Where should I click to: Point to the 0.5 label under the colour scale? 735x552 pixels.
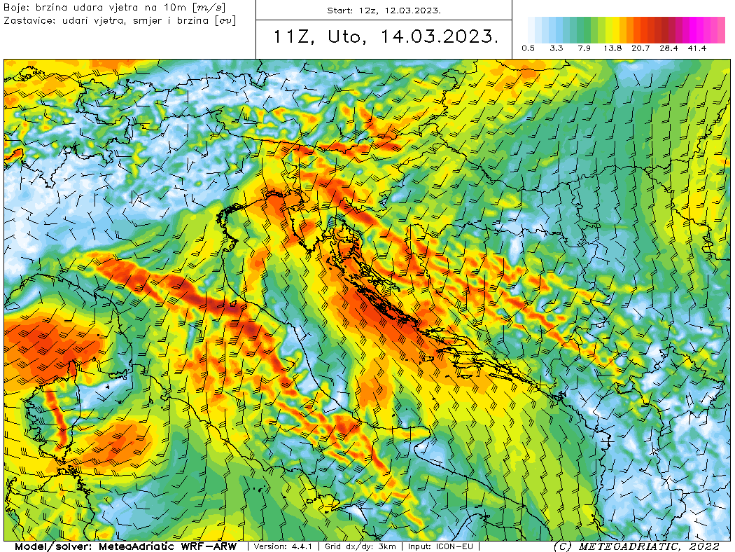click(x=528, y=48)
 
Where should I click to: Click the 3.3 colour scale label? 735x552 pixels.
click(x=556, y=48)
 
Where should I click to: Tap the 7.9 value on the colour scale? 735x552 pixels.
click(x=584, y=48)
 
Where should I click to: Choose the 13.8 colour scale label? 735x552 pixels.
click(x=612, y=48)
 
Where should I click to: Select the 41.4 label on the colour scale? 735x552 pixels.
click(x=696, y=48)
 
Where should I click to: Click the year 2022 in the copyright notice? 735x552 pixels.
click(x=703, y=546)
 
